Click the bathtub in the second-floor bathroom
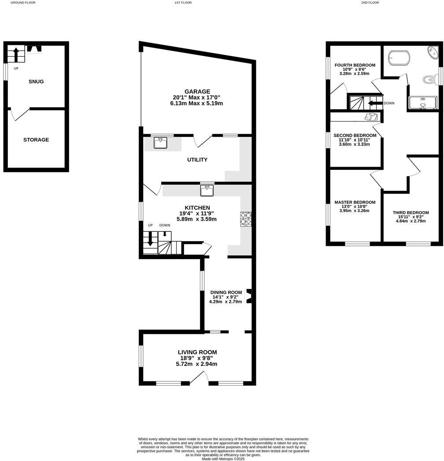point(399,58)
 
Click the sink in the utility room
point(161,143)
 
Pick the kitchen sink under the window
point(207,190)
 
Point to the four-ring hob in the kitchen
point(245,219)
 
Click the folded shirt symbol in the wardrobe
point(371,117)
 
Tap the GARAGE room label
point(197,91)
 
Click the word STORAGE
point(36,140)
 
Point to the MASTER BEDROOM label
point(355,202)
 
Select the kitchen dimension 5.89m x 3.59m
point(197,219)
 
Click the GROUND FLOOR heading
point(23,3)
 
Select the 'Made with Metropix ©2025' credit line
point(223,458)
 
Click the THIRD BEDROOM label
point(411,213)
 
